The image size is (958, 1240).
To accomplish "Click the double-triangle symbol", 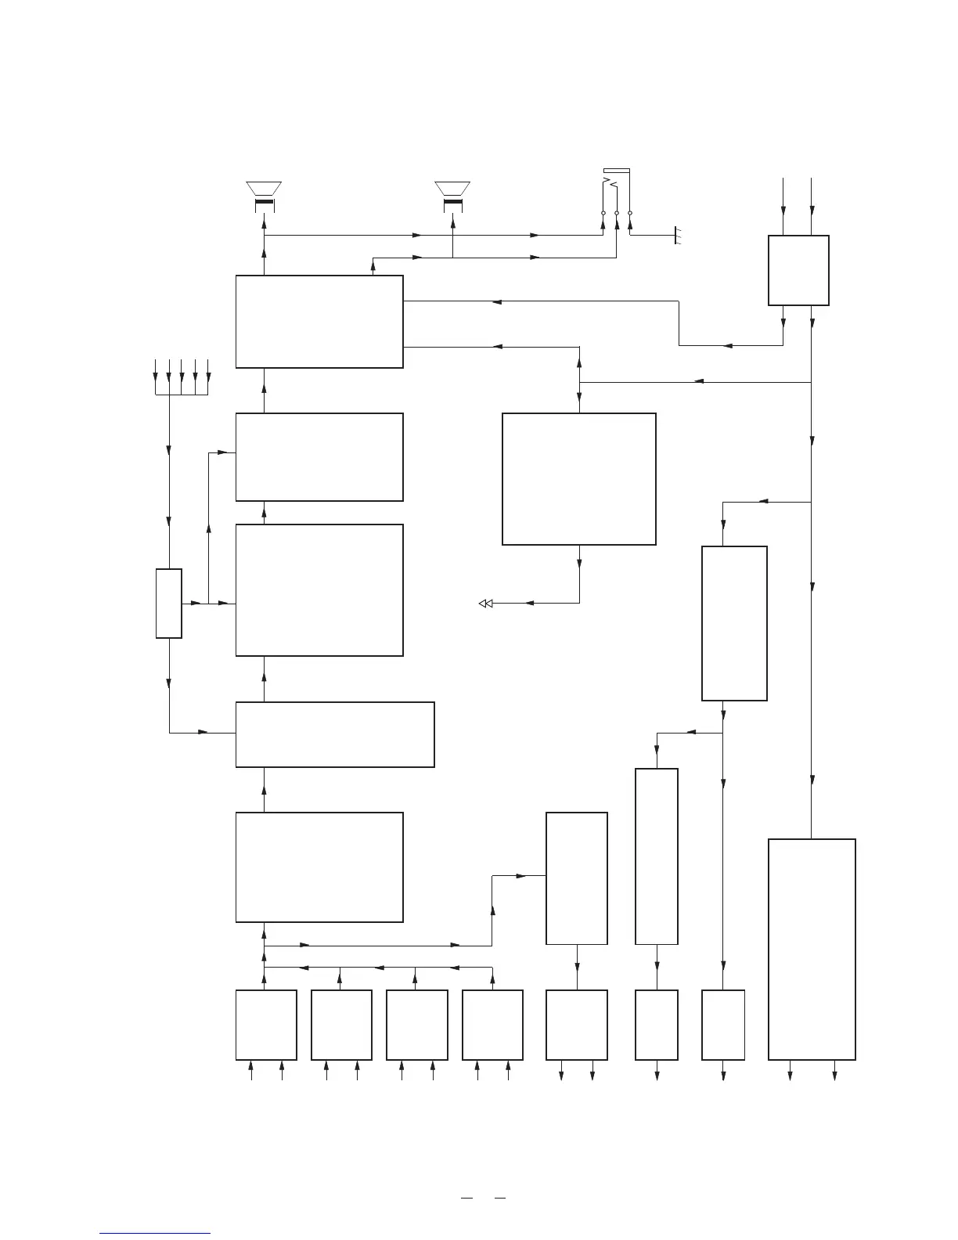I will coord(485,604).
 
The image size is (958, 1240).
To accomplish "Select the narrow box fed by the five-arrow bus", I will coord(169,604).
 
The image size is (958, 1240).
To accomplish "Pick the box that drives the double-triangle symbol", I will coord(578,478).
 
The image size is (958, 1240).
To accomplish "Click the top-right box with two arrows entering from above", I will coord(798,270).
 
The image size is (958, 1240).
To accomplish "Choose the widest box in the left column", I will coord(335,734).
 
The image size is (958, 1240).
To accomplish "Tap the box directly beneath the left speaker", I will coord(319,321).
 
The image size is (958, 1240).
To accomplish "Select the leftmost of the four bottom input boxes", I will coord(266,1025).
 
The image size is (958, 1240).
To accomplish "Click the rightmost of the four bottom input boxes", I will coord(492,1025).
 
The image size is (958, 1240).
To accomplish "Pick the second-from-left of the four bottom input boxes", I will coord(341,1025).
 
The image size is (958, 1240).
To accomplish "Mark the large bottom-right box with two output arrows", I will coord(812,949).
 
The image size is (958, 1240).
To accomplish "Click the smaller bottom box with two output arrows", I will coord(577,1025).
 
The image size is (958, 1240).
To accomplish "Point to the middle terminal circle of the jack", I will coord(617,213).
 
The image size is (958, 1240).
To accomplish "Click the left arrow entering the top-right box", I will coord(783,210).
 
